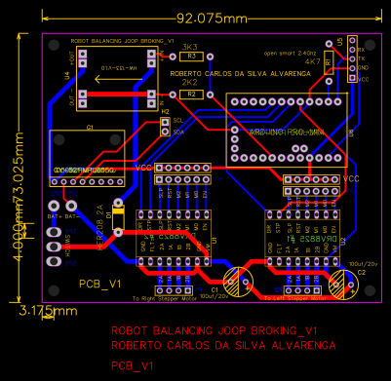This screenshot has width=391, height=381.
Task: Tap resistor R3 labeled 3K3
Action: (192, 57)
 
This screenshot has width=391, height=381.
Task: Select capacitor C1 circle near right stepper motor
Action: (235, 283)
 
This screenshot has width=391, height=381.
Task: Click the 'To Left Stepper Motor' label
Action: (290, 297)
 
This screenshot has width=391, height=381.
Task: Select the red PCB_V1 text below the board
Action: (135, 365)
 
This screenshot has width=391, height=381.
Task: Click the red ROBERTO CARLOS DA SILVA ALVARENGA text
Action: (224, 345)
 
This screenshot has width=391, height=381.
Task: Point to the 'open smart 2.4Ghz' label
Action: (290, 52)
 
